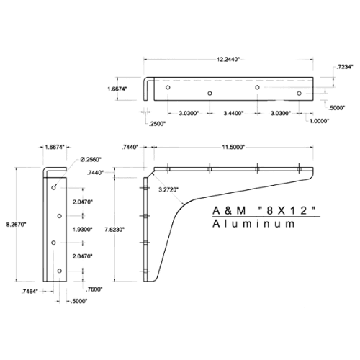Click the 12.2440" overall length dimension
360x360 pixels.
pyautogui.click(x=228, y=59)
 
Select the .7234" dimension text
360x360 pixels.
pyautogui.click(x=345, y=67)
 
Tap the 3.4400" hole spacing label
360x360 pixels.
pyautogui.click(x=233, y=113)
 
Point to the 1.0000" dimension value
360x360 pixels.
pyautogui.click(x=319, y=121)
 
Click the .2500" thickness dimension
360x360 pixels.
pyautogui.click(x=157, y=124)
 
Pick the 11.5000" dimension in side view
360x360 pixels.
pyautogui.click(x=233, y=147)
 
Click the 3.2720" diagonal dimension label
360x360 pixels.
pyautogui.click(x=168, y=190)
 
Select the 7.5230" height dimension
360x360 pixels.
pyautogui.click(x=114, y=230)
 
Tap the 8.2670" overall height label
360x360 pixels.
pyautogui.click(x=16, y=225)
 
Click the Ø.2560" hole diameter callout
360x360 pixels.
pyautogui.click(x=91, y=159)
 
